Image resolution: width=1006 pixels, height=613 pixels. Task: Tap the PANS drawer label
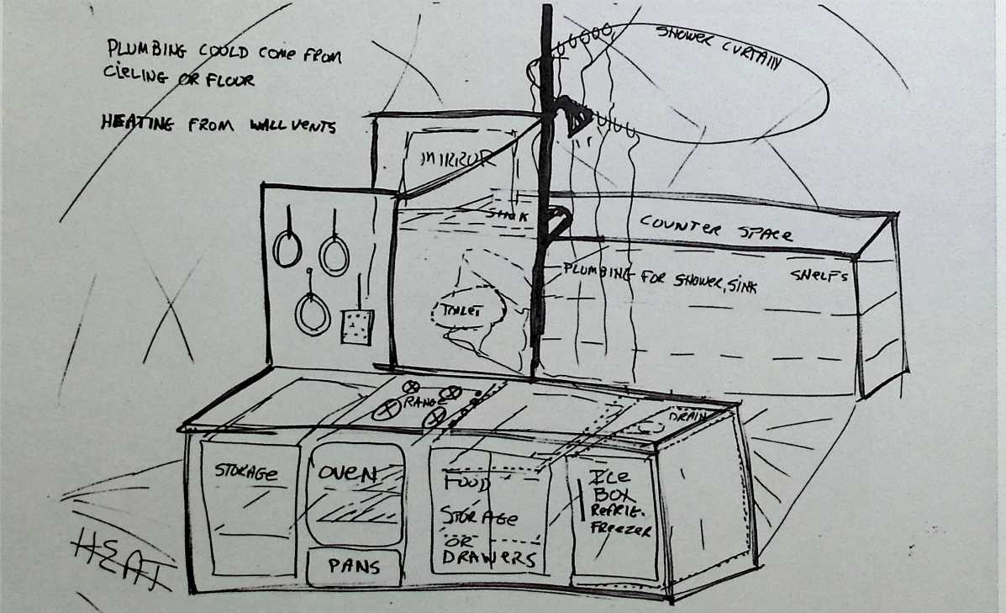click(353, 566)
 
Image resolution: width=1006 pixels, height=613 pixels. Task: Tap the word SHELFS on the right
click(819, 275)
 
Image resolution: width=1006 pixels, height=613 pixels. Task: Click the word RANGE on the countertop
click(419, 404)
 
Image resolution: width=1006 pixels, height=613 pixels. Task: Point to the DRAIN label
click(686, 416)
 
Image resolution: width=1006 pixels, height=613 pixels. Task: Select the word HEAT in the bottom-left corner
click(122, 552)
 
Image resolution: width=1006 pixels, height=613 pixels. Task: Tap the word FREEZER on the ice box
click(623, 531)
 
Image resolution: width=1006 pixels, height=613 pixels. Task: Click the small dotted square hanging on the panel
click(357, 325)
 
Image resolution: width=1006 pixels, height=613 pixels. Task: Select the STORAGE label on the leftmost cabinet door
click(245, 472)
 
